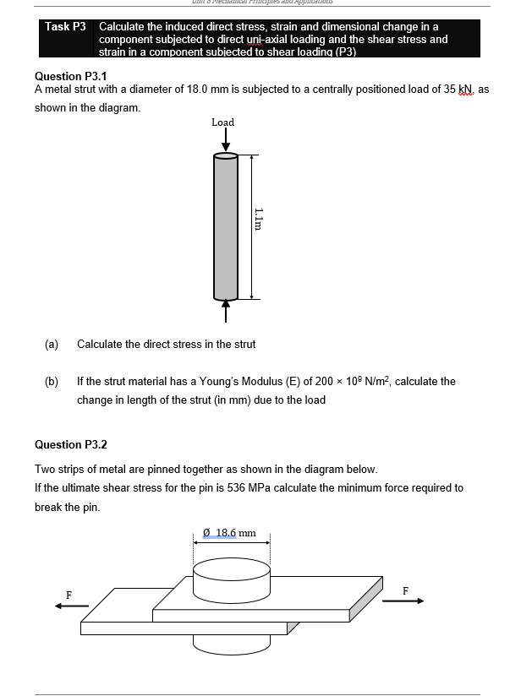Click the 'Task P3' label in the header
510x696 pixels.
[66, 27]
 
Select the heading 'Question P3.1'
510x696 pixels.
[70, 76]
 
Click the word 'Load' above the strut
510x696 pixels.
[223, 122]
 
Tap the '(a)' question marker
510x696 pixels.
[52, 344]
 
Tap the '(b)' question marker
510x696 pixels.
[52, 381]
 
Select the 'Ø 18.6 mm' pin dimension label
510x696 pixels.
[230, 533]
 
